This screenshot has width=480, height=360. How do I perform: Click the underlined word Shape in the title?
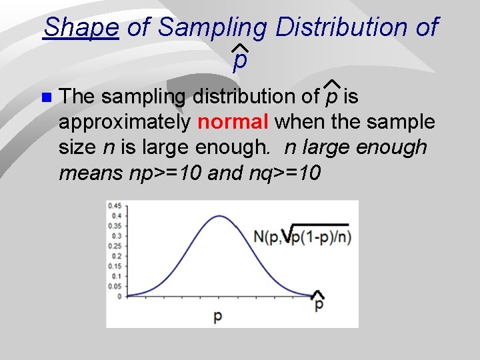click(81, 28)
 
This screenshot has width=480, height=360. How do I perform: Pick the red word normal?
click(233, 122)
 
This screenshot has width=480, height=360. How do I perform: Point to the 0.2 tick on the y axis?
click(115, 255)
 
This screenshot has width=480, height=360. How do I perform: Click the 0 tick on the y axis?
click(118, 296)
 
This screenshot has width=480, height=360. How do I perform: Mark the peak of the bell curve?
click(219, 215)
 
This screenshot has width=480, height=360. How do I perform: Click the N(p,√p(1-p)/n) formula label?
click(303, 237)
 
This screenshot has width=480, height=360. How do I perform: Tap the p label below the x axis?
click(218, 317)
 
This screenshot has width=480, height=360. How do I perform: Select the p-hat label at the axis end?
click(319, 302)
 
